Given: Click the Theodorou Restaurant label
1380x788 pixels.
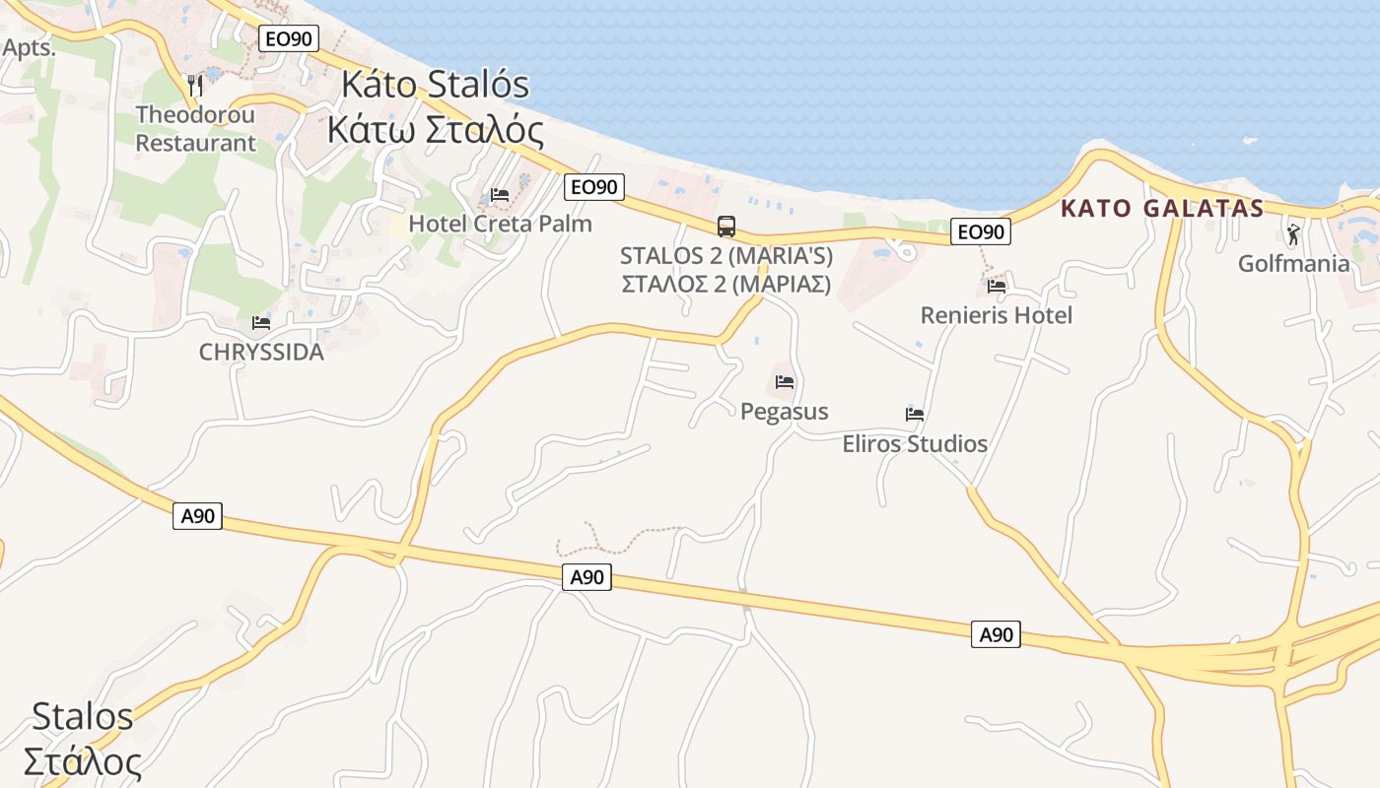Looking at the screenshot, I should pyautogui.click(x=195, y=129).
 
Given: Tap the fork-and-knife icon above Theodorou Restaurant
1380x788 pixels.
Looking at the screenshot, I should pyautogui.click(x=195, y=85).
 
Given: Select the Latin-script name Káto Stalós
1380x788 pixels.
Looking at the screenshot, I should pyautogui.click(x=435, y=85).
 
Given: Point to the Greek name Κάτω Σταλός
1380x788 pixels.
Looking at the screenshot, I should pyautogui.click(x=435, y=130).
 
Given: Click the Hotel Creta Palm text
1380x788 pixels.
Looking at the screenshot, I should pyautogui.click(x=500, y=224).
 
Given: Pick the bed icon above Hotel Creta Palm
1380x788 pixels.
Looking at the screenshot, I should pyautogui.click(x=500, y=195).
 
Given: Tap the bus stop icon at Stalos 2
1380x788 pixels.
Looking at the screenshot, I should pyautogui.click(x=726, y=227).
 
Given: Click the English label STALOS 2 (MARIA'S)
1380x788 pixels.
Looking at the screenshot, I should pyautogui.click(x=726, y=256).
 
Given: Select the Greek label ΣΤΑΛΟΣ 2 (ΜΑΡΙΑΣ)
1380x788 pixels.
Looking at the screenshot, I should pyautogui.click(x=726, y=284).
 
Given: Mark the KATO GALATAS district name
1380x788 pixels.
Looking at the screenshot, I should pyautogui.click(x=1162, y=209).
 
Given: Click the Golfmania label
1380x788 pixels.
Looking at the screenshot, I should pyautogui.click(x=1293, y=263).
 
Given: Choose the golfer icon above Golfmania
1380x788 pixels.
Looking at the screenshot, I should pyautogui.click(x=1293, y=234).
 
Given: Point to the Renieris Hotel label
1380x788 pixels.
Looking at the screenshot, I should pyautogui.click(x=996, y=315).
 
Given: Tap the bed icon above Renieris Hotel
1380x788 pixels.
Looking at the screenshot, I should pyautogui.click(x=997, y=287).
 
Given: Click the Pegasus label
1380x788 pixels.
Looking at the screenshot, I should pyautogui.click(x=785, y=411).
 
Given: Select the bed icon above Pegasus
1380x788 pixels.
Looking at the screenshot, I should pyautogui.click(x=785, y=382).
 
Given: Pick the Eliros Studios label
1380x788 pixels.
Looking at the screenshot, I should pyautogui.click(x=915, y=443).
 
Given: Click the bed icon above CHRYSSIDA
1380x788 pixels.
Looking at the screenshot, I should pyautogui.click(x=261, y=323).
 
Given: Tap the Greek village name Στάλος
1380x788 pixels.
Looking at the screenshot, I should pyautogui.click(x=82, y=761).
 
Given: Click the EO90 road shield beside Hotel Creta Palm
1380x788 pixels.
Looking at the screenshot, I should pyautogui.click(x=595, y=187).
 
